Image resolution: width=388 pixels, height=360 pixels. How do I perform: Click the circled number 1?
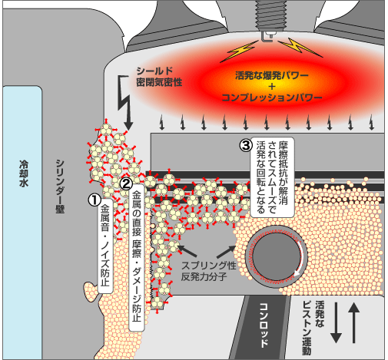(x=95, y=200)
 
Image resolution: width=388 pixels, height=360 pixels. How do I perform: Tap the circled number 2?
(x=126, y=183)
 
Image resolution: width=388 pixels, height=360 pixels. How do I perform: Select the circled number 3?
(x=246, y=145)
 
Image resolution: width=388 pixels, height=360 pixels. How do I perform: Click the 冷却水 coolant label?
(x=24, y=173)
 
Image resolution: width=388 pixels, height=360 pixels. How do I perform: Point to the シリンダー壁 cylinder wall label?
(x=60, y=187)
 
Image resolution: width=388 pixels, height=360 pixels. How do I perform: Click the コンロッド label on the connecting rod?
(x=264, y=325)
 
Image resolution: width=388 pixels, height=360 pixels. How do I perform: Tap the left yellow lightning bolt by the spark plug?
(x=238, y=51)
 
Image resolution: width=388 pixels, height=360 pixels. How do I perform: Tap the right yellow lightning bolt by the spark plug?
(x=300, y=48)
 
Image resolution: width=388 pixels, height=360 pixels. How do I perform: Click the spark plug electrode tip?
(x=267, y=38)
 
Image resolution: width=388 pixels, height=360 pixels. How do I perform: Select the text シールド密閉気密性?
(x=159, y=77)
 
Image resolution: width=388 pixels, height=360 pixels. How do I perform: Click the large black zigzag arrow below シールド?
(x=125, y=103)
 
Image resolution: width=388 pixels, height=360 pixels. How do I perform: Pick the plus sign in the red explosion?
(x=272, y=87)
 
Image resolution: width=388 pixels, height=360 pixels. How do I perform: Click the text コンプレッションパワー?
(x=272, y=97)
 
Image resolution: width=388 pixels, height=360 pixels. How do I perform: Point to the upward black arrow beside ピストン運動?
(x=353, y=322)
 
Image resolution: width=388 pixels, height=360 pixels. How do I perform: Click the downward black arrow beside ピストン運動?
(x=336, y=322)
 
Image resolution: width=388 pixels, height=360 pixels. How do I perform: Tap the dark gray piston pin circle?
(x=276, y=256)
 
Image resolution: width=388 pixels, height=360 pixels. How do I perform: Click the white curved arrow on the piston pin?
(x=299, y=259)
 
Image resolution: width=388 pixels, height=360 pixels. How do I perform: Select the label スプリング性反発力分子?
(x=208, y=271)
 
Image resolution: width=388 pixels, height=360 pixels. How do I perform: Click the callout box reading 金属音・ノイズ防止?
(x=105, y=246)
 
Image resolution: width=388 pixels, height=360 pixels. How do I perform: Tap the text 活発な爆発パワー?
(x=272, y=75)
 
